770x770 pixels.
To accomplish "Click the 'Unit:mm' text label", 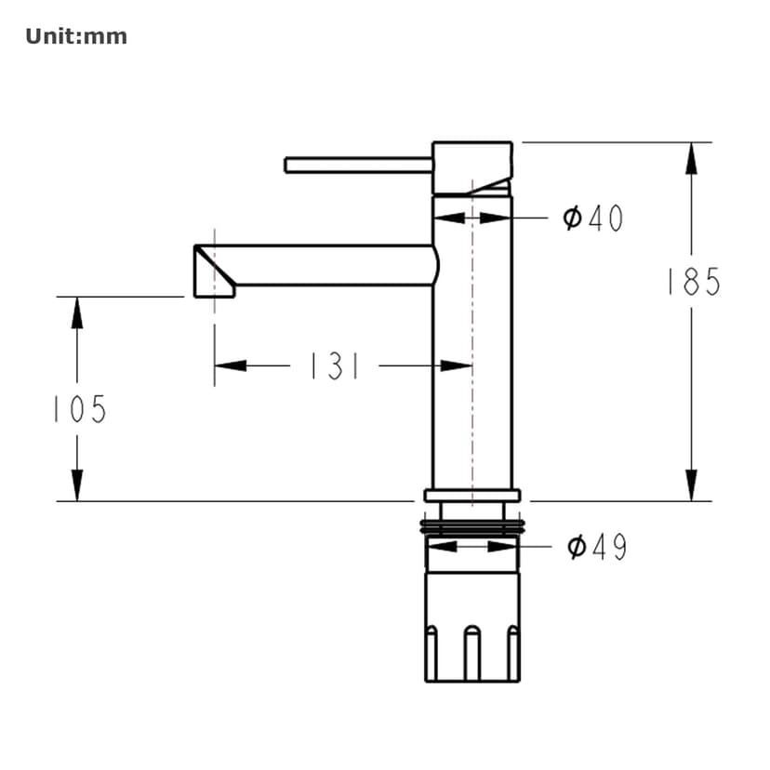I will tap(76, 37).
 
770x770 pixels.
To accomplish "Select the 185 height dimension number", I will tap(693, 282).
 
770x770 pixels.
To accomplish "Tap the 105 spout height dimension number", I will tap(79, 409).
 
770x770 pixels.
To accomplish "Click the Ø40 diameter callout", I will tap(593, 219).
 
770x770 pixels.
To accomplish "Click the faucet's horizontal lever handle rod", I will tap(358, 165).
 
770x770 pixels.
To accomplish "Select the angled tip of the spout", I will tap(212, 271).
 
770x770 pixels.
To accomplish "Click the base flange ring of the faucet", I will tap(471, 495).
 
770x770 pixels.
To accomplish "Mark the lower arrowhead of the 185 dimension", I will tap(691, 485).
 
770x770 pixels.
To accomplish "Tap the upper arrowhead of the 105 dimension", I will tap(77, 312).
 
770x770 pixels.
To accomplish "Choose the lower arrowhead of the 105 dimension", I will tap(77, 485).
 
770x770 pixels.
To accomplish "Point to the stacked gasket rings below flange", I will tap(471, 527).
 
